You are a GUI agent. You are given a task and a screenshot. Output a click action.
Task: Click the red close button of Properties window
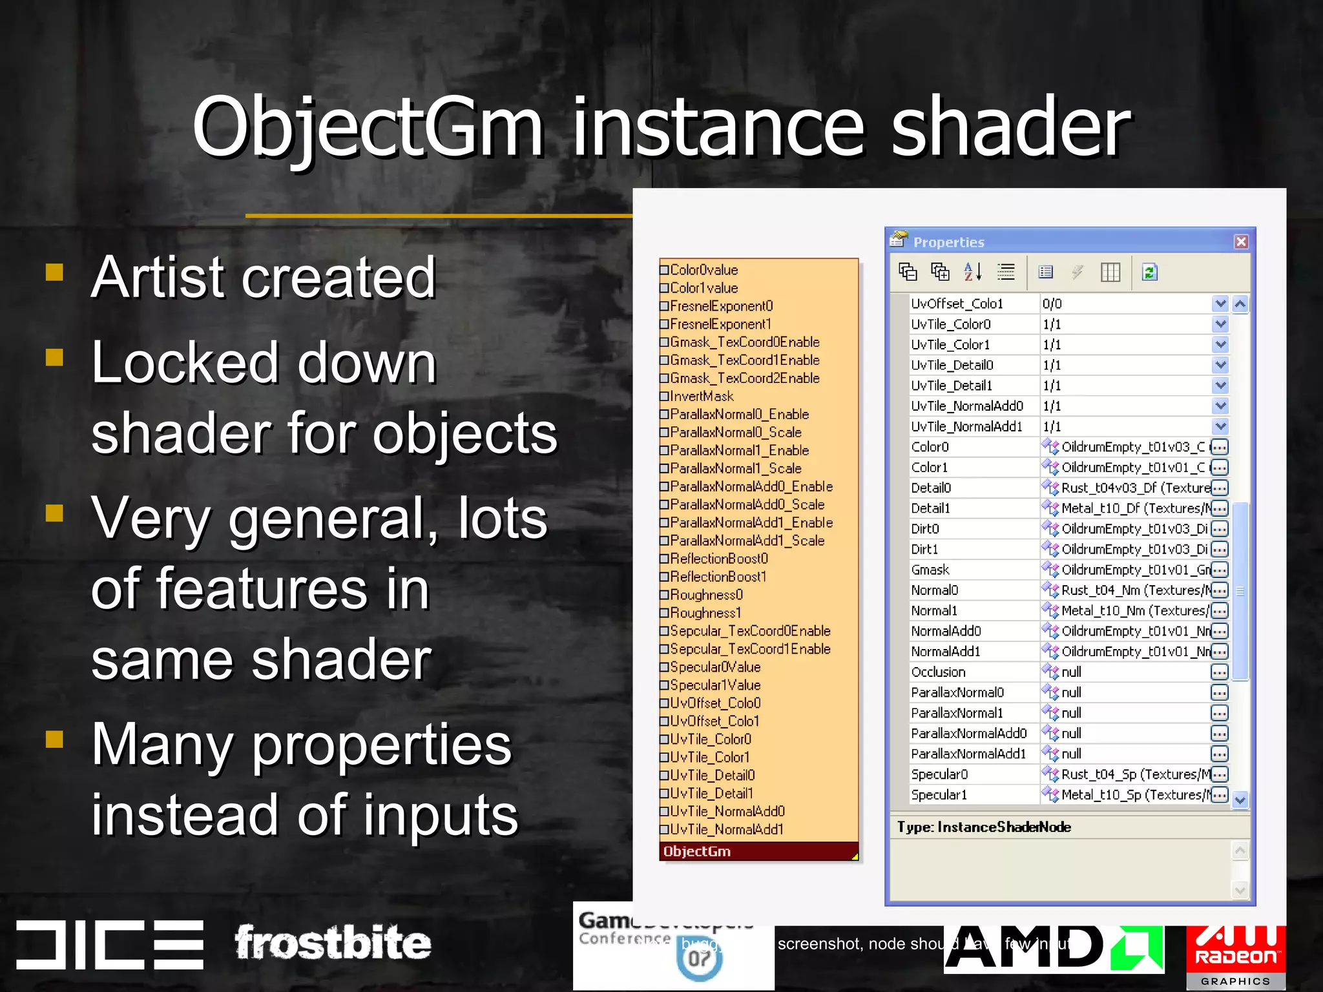click(1241, 242)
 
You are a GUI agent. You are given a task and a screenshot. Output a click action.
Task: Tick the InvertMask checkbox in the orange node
click(664, 397)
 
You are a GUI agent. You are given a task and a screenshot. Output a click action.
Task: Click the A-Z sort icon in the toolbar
click(972, 272)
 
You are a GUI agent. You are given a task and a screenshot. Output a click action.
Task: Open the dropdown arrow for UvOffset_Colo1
click(1220, 304)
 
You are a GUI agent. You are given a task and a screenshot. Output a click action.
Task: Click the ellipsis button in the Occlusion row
click(1219, 672)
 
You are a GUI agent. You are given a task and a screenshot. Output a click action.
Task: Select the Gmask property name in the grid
click(930, 570)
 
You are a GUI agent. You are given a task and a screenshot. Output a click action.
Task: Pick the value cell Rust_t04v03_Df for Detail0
click(1127, 488)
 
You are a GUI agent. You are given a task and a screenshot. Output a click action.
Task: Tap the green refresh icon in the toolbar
click(1149, 272)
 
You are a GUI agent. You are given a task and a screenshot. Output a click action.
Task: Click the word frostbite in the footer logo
click(332, 943)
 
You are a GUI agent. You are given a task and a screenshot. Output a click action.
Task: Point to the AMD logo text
click(1027, 948)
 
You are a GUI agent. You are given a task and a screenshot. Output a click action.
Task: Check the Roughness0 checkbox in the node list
click(664, 595)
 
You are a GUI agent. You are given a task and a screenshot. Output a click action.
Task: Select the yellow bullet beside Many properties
click(55, 739)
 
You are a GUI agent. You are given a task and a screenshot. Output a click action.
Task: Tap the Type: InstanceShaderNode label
click(984, 827)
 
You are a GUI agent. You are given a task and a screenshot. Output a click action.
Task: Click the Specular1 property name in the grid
click(939, 795)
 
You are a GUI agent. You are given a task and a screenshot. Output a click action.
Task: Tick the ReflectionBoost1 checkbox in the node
click(664, 577)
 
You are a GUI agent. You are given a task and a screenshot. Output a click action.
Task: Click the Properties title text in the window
click(948, 242)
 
